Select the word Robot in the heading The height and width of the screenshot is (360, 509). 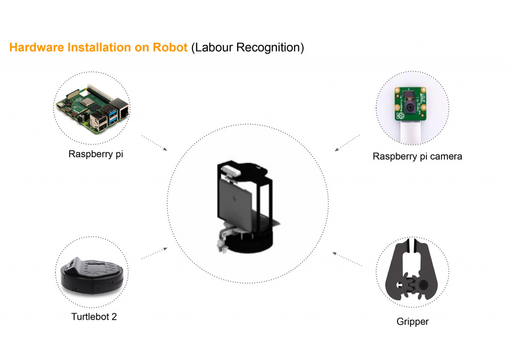pos(171,48)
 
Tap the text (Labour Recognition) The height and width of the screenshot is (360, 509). pos(247,48)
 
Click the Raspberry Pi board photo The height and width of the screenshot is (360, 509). pos(91,109)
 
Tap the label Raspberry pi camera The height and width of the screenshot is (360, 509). pos(417,156)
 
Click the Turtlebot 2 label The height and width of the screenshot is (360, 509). pos(94,316)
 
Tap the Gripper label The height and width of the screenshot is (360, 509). pos(413,321)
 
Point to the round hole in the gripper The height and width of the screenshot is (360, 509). pos(424,285)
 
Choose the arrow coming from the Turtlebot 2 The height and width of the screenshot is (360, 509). pos(154,253)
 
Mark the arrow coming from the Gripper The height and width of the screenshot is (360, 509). pos(347,260)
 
